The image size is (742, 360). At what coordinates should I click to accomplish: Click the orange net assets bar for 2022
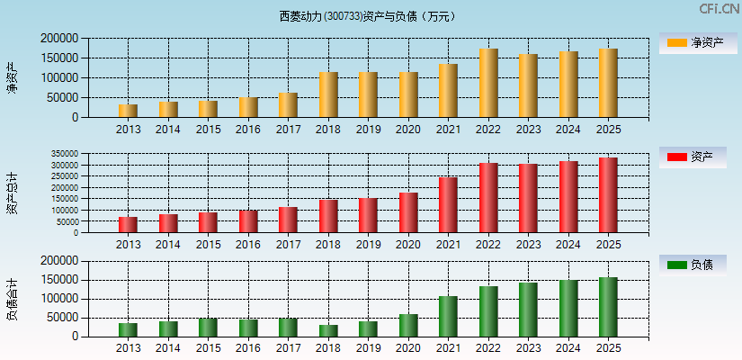point(488,83)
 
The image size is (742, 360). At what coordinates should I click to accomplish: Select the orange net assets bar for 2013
point(128,111)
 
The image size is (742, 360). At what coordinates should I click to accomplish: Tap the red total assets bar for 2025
point(608,195)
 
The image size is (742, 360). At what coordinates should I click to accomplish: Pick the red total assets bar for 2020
point(408,212)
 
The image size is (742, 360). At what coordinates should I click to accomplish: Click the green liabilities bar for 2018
point(328,330)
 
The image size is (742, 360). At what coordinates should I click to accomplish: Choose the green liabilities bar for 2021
point(448,316)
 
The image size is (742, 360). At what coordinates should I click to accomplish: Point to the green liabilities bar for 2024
point(568,308)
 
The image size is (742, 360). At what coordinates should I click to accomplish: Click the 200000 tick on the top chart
point(58,39)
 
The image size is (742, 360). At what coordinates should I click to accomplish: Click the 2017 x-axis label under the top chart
point(288,130)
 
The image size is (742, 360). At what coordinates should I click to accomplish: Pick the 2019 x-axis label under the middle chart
point(368,245)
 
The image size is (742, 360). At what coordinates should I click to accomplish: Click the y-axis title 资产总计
point(12,193)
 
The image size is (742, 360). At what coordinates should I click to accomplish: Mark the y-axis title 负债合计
point(12,299)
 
